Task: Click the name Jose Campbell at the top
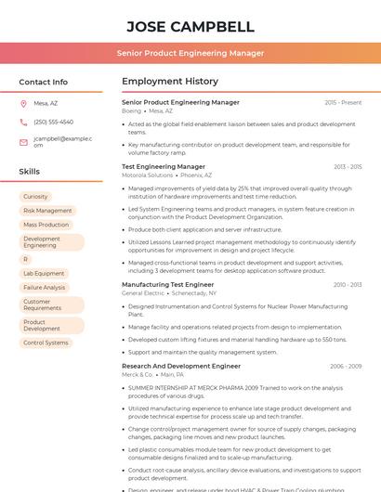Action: point(190,26)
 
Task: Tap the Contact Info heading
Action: point(44,82)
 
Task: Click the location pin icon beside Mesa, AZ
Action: point(23,103)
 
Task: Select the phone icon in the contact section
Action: point(23,122)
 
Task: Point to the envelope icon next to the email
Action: point(23,142)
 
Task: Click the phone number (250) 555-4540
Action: point(53,122)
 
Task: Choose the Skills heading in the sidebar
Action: point(30,172)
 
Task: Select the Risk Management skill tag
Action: point(47,211)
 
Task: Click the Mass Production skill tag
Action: point(46,225)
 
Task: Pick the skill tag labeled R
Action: point(26,260)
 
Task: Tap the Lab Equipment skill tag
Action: point(44,274)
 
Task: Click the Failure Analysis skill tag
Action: point(45,288)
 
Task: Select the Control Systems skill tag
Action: point(46,343)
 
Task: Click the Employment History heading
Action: point(170,82)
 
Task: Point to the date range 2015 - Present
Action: point(343,102)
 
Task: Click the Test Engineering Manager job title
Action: point(164,166)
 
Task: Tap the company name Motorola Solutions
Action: point(148,175)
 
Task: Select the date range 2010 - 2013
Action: point(347,285)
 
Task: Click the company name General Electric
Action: point(144,292)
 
